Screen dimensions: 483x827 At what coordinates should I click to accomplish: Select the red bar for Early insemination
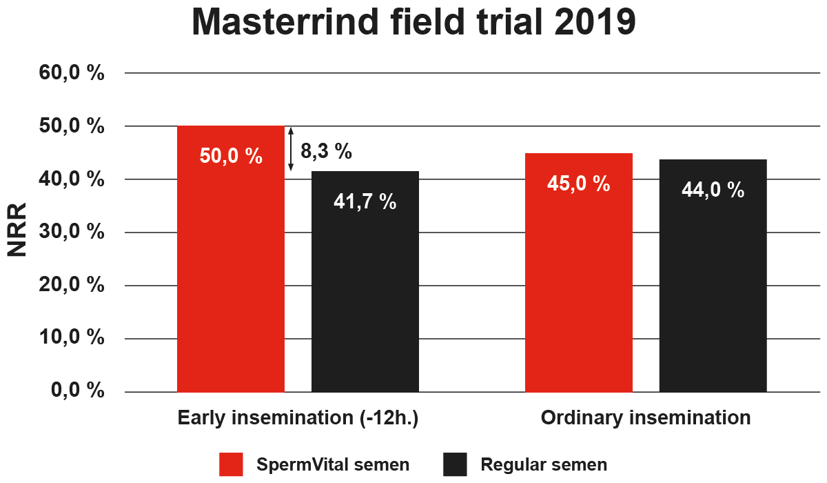coord(231,276)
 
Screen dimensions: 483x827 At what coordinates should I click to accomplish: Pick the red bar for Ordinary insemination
coord(579,290)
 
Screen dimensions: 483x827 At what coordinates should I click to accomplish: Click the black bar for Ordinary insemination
coord(713,290)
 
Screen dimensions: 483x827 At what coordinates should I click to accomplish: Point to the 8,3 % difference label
coord(327,150)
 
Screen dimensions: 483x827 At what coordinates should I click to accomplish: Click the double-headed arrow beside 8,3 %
coord(291,149)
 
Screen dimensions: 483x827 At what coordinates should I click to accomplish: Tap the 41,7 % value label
coord(365,201)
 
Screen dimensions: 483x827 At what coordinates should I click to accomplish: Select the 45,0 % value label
coord(579,184)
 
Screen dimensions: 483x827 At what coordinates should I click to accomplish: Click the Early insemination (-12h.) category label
coord(298,418)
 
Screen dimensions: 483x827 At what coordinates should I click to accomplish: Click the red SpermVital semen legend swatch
coord(232,464)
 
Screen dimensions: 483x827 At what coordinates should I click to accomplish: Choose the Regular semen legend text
coord(544,464)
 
